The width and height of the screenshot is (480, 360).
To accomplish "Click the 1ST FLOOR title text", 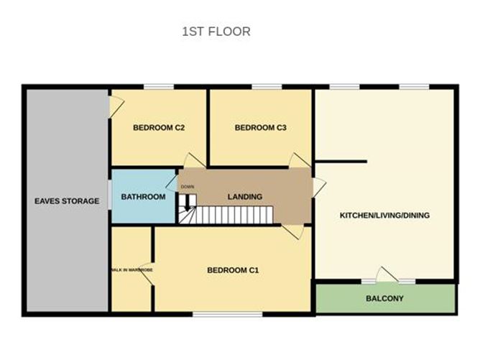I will point(216,32).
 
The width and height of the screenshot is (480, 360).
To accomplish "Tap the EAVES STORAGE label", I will point(67,201).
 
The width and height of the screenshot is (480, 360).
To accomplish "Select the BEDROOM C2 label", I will point(160,128).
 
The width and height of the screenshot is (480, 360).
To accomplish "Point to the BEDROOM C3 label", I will point(261,128).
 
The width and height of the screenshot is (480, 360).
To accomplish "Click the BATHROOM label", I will point(143,197).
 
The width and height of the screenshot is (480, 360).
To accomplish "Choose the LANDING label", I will point(244,197).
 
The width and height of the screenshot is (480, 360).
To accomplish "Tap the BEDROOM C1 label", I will point(232,270).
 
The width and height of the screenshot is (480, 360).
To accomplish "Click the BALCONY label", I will point(384,299).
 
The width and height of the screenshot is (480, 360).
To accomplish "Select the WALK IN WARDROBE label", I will point(131,270).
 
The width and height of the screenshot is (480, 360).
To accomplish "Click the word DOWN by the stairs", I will point(187,187).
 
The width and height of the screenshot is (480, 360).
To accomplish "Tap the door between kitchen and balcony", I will point(387,275).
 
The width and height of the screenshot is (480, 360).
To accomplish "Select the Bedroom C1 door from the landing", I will point(292,231).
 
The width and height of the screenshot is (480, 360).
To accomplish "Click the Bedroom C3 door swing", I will point(297,160).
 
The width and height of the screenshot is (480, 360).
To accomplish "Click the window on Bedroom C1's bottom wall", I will point(216,314).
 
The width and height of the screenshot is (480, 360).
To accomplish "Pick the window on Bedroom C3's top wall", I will point(266,88).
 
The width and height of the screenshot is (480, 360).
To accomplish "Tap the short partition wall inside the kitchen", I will point(341,162).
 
